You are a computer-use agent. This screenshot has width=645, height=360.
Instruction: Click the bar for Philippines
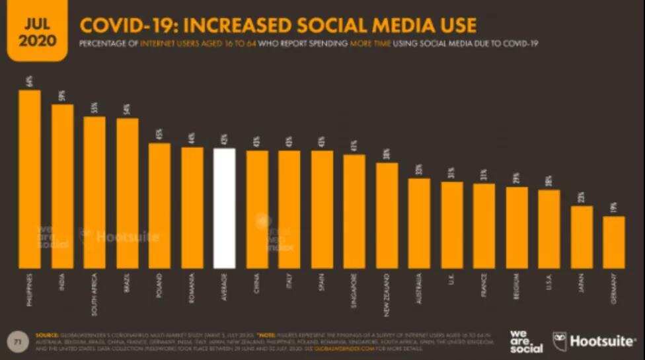tap(29, 178)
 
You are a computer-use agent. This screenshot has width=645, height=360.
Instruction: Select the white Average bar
tap(225, 208)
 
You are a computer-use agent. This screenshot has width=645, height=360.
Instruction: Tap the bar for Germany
tap(614, 242)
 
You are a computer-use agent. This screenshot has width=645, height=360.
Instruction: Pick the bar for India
tap(62, 185)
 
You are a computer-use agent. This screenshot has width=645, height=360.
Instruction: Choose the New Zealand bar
tap(387, 215)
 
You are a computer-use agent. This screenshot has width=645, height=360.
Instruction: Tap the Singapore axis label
tap(354, 289)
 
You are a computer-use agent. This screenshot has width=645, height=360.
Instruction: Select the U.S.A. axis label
tap(549, 283)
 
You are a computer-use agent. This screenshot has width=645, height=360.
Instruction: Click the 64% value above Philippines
tap(30, 81)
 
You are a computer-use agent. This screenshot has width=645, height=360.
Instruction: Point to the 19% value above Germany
tap(614, 207)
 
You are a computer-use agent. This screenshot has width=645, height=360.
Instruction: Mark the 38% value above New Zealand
tap(387, 154)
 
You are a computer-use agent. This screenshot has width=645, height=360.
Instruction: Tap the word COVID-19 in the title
tap(126, 25)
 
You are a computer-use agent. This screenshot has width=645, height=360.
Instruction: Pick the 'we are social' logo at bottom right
tap(526, 341)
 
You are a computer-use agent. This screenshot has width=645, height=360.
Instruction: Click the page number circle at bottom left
tap(19, 340)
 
